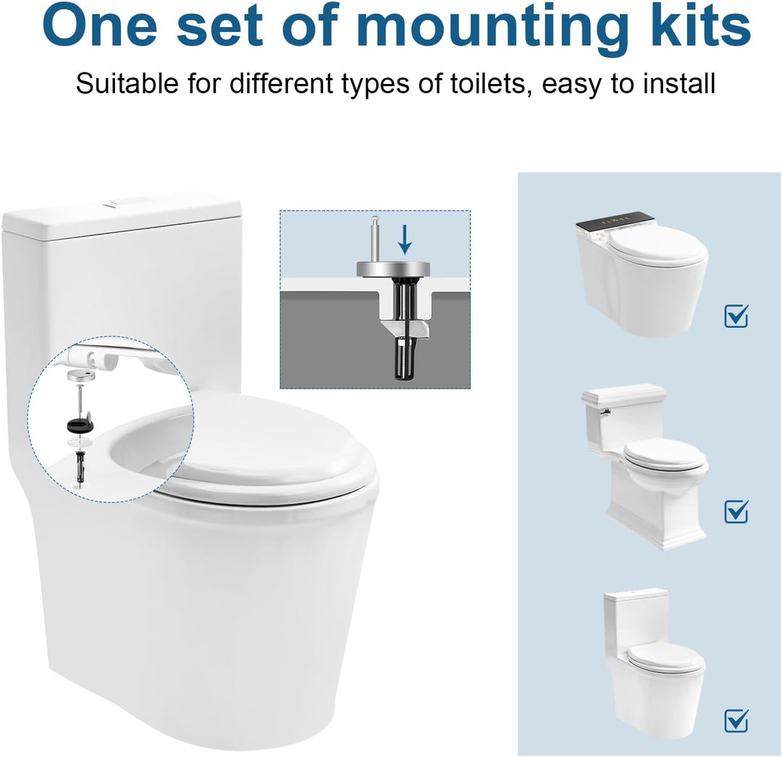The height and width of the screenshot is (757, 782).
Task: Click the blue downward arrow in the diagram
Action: [x=405, y=239]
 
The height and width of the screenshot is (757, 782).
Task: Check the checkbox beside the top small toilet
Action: [x=736, y=316]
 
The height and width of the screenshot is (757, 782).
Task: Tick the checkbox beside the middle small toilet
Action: [x=736, y=512]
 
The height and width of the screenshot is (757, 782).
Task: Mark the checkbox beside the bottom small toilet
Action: [x=736, y=721]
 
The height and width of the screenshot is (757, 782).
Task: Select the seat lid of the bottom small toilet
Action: [x=665, y=658]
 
